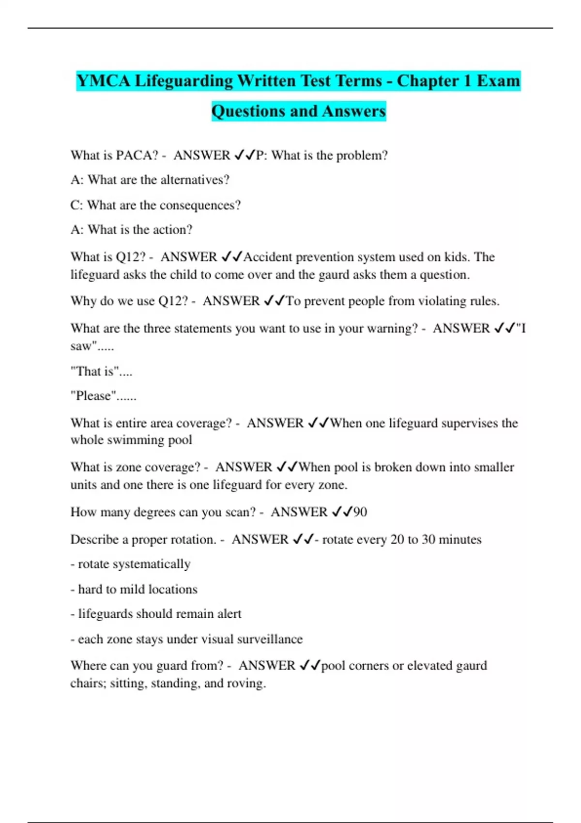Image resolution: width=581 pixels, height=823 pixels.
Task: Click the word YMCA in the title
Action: pos(103,81)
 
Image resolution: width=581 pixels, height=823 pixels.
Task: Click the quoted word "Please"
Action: pos(94,396)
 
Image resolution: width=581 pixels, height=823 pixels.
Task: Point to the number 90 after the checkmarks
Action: pos(360,512)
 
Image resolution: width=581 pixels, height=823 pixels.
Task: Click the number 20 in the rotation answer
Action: pos(397,539)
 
